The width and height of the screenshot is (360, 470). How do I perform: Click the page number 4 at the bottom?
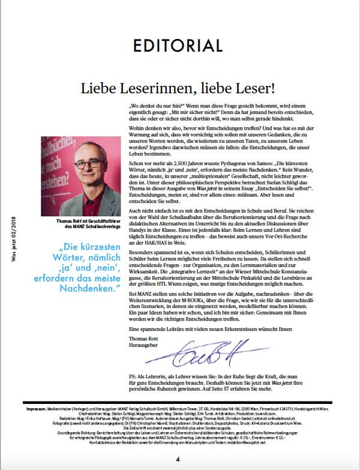point(178,459)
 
